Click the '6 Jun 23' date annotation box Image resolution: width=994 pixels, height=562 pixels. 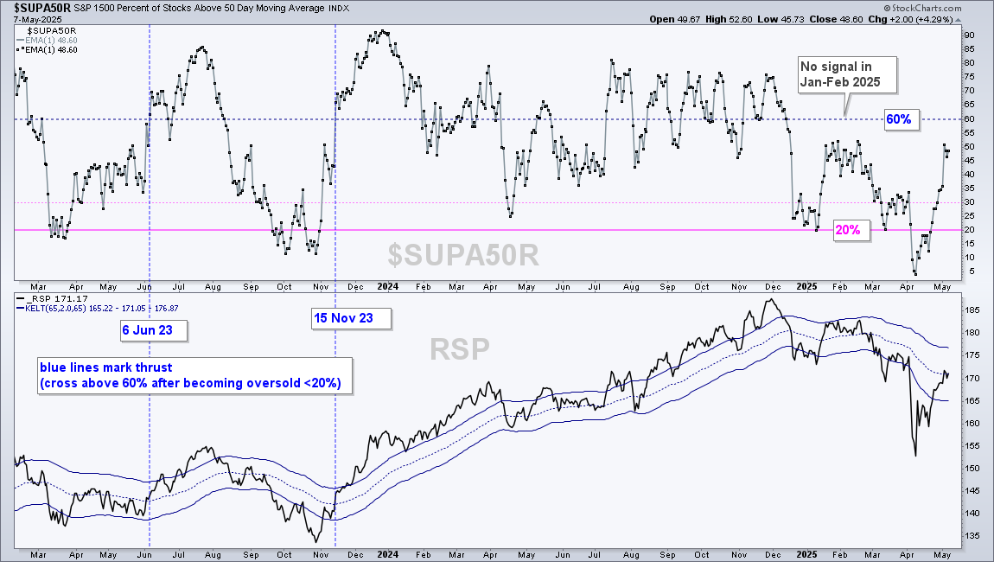point(154,330)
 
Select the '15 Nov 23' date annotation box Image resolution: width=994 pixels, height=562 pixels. point(351,318)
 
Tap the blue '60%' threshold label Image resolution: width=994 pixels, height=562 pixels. point(898,119)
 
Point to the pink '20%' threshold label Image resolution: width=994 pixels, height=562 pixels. point(848,230)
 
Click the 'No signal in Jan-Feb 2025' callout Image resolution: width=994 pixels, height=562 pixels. point(847,74)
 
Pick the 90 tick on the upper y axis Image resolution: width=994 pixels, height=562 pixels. point(970,35)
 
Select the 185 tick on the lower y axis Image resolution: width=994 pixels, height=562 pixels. point(972,310)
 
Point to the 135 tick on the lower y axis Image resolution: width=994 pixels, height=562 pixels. point(972,536)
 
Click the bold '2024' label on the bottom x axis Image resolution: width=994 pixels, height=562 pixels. point(388,554)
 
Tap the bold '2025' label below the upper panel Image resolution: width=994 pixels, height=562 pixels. point(807,287)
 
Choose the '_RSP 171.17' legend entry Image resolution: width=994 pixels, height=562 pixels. point(54,299)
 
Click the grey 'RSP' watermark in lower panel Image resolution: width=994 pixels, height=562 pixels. point(460,348)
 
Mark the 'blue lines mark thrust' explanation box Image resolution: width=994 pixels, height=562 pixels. point(194,375)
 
